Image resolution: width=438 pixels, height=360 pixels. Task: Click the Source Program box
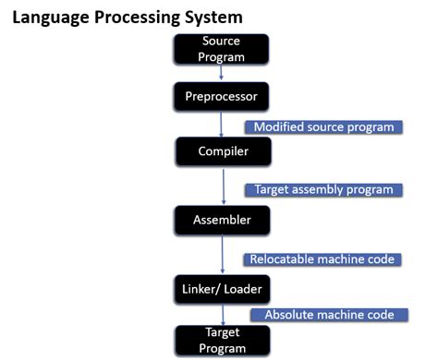click(x=222, y=49)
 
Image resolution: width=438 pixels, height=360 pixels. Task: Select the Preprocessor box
click(x=222, y=94)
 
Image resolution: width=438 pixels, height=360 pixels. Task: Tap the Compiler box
click(x=222, y=149)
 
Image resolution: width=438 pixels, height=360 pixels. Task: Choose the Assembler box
click(x=222, y=220)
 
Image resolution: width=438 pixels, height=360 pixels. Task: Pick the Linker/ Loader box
click(x=222, y=289)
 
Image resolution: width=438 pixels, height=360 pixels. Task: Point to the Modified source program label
click(x=322, y=126)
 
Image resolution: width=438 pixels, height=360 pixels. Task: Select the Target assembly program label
click(x=322, y=189)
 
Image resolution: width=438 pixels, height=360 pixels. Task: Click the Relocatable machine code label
click(x=322, y=259)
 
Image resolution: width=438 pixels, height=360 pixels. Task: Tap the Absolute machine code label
click(x=330, y=314)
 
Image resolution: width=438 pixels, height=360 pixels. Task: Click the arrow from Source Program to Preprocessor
click(x=222, y=73)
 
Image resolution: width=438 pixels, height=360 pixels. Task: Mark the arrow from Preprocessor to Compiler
click(x=222, y=122)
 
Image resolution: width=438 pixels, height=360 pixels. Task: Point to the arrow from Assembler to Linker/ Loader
click(x=223, y=255)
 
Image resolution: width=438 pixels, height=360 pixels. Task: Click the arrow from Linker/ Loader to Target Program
click(x=223, y=313)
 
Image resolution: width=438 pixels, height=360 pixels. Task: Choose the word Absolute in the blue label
click(x=292, y=314)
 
